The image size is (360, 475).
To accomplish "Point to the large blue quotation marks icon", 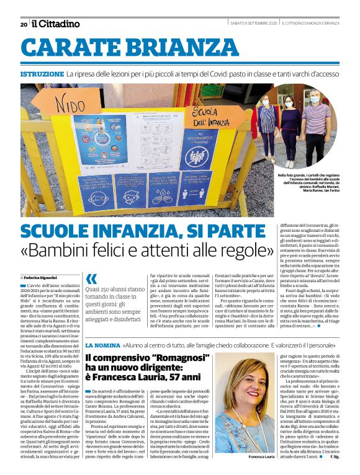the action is tap(92, 280).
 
